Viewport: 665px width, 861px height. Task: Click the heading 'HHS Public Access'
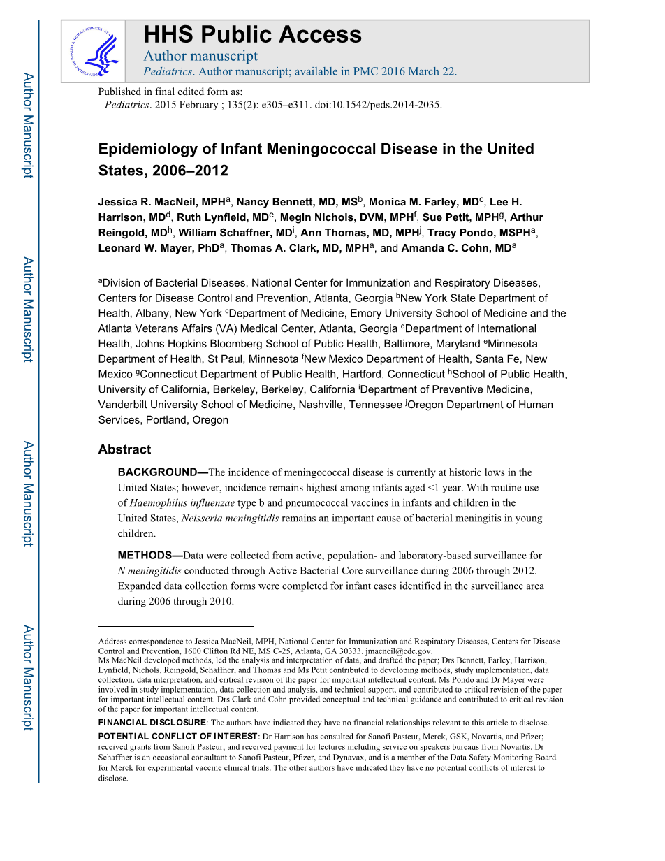tap(252, 34)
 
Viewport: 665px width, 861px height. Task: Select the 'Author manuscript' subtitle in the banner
tap(200, 56)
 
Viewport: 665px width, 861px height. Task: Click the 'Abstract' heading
tap(124, 449)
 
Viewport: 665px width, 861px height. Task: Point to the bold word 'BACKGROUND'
tap(157, 472)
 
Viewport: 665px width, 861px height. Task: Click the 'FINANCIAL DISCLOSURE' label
tap(152, 723)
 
